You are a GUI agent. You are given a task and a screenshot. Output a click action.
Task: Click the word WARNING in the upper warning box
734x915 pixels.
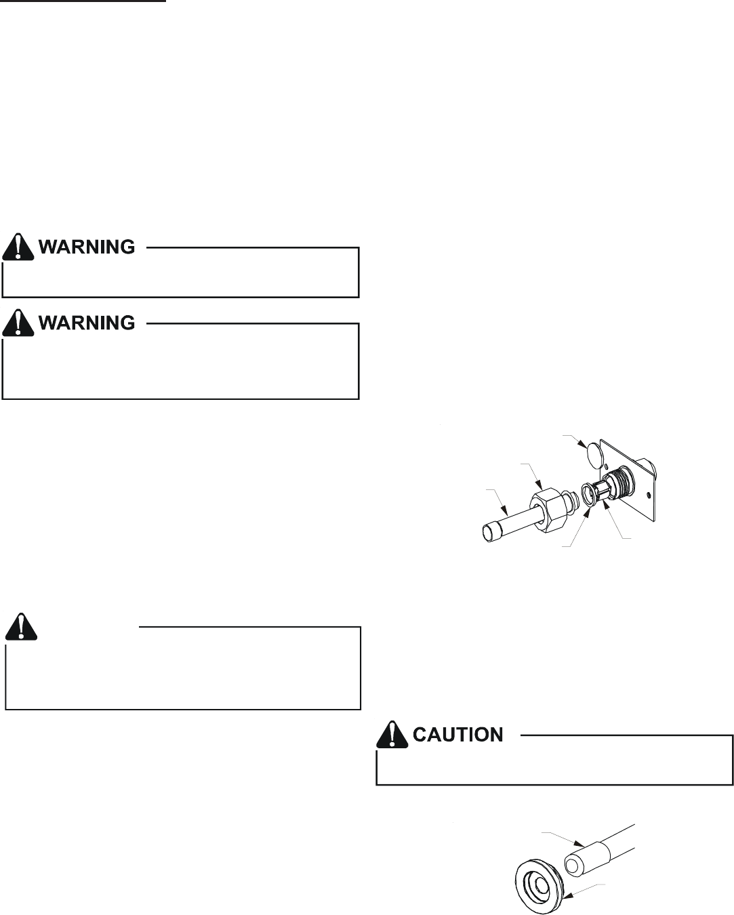click(x=86, y=247)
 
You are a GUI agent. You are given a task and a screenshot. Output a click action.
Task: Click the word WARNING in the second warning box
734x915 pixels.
click(x=86, y=323)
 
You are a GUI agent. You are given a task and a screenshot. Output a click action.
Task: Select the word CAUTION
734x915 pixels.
click(x=458, y=735)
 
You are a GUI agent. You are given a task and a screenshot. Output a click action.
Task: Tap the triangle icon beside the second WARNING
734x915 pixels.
click(x=18, y=323)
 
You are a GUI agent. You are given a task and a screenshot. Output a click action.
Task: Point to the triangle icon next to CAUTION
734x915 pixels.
click(x=393, y=735)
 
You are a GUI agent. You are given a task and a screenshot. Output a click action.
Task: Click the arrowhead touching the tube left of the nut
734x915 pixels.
click(x=505, y=509)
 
